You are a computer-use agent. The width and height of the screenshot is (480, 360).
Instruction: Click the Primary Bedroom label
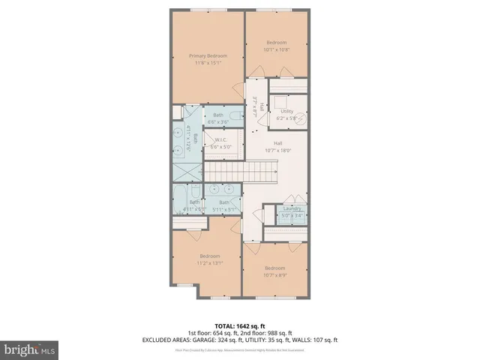pos(208,56)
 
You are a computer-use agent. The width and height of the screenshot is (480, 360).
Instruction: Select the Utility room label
pos(286,110)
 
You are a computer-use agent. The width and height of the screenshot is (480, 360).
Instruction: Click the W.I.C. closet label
pos(220,139)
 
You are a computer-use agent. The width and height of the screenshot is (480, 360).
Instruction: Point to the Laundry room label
pos(292,208)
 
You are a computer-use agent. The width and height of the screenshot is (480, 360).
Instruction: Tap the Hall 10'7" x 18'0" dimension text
pos(277,150)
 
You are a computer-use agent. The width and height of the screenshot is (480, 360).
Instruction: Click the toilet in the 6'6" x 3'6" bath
pos(235,115)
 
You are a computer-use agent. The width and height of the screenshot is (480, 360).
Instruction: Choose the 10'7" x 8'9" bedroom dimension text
pos(274,275)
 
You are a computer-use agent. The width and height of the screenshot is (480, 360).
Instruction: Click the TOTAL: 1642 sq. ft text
pos(239,325)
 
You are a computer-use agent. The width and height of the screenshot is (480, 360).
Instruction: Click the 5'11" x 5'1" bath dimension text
pos(224,209)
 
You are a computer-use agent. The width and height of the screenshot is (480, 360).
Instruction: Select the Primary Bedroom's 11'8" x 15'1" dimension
pos(208,64)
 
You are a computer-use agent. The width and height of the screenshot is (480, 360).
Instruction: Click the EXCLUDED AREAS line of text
pos(239,340)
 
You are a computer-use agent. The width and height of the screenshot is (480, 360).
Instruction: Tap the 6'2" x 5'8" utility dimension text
pos(286,118)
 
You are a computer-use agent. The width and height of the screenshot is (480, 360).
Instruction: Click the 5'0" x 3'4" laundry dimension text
pos(292,215)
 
